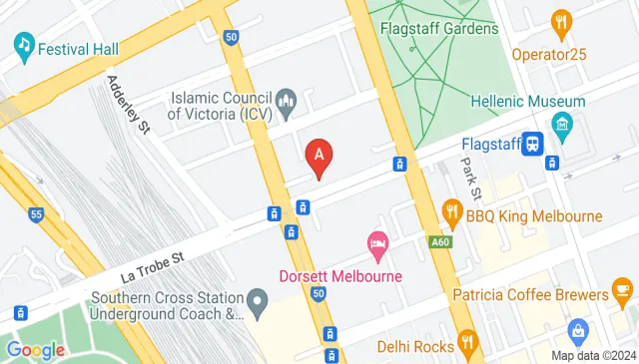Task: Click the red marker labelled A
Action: (x=319, y=157)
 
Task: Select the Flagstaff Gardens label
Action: (x=438, y=29)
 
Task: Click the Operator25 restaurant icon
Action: (x=561, y=23)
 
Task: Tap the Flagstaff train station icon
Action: (x=534, y=145)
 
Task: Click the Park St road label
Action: (x=470, y=178)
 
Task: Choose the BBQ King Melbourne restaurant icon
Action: (x=451, y=212)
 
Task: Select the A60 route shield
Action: (x=440, y=241)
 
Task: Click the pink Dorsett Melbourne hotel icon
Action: (x=377, y=242)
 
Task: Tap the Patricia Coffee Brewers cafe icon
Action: (x=622, y=294)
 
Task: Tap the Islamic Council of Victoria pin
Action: (x=288, y=100)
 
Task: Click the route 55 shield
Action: (x=37, y=213)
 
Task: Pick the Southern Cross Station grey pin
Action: (x=258, y=298)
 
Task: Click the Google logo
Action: (x=36, y=350)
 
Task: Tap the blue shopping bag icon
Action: (x=578, y=329)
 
